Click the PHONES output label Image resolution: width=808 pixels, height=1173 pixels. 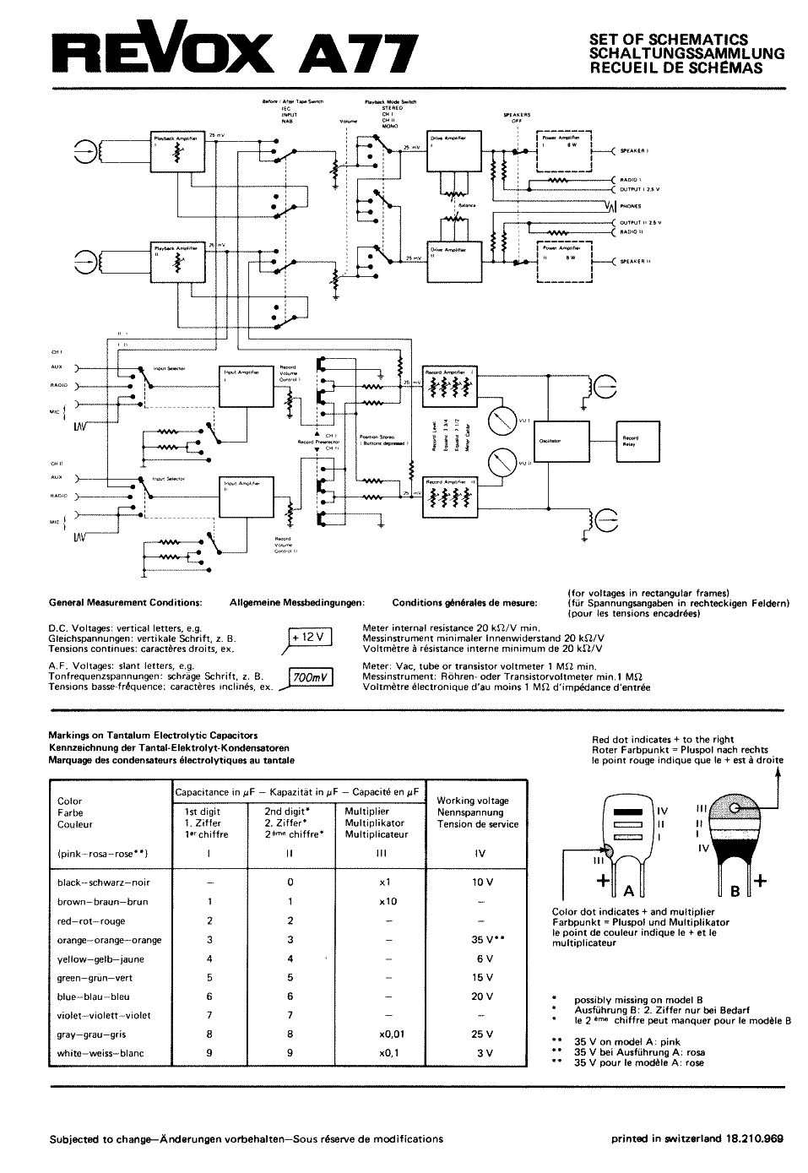click(631, 206)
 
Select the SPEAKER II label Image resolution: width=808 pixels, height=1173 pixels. click(635, 262)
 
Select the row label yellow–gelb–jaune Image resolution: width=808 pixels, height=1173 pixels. click(100, 959)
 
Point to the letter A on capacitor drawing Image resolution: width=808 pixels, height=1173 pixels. click(628, 890)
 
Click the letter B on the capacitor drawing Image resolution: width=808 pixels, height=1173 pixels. click(735, 890)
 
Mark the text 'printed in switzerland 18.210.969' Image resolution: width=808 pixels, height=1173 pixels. click(697, 1138)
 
